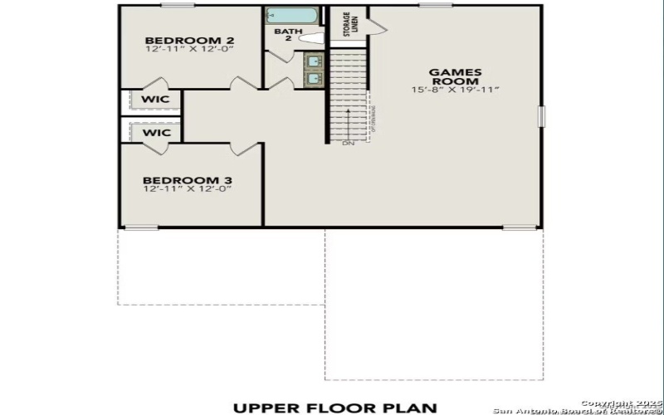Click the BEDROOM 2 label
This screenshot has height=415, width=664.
(x=189, y=40)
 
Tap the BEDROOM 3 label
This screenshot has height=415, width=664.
(x=187, y=180)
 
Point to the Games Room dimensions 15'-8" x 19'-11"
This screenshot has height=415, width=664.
(x=454, y=90)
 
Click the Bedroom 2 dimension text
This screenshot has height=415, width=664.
(x=189, y=50)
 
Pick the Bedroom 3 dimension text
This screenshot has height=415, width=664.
(x=187, y=189)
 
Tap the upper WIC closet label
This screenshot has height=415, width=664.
(x=156, y=100)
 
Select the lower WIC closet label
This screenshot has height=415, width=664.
(x=156, y=133)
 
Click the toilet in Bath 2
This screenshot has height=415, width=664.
(x=310, y=37)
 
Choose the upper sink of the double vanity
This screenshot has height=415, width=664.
(x=315, y=61)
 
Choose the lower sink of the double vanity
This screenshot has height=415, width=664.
(x=315, y=79)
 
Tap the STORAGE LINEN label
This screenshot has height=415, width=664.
(x=347, y=24)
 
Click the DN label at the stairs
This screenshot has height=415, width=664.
(x=348, y=144)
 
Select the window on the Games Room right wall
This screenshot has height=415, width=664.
(x=541, y=117)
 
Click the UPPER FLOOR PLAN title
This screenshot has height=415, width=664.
(x=334, y=407)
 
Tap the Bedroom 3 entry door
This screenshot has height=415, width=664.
(x=245, y=149)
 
